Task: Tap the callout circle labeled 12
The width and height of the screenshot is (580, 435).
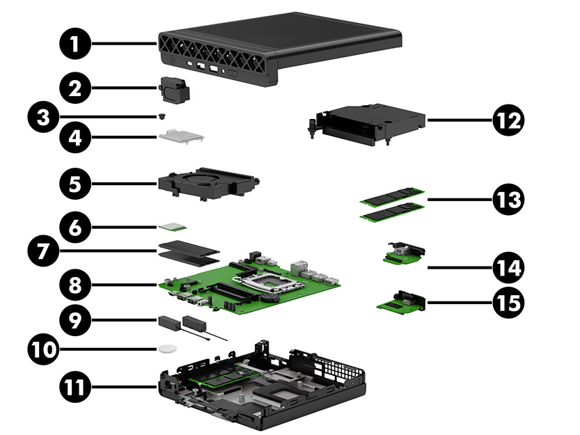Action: (x=509, y=120)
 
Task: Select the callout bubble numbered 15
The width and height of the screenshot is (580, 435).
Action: (x=509, y=303)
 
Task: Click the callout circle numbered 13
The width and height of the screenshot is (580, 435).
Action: (x=509, y=200)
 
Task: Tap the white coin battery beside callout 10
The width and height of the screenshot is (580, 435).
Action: (x=166, y=348)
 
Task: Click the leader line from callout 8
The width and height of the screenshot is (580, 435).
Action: (x=125, y=285)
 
